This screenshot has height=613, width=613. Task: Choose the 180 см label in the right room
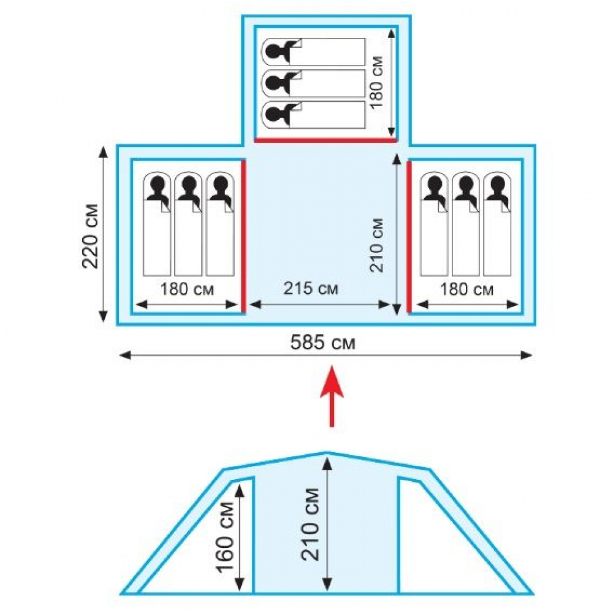(467, 289)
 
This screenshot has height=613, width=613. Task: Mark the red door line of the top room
(326, 140)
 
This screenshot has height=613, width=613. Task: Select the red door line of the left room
(243, 236)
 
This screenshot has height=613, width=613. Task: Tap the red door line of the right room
(409, 236)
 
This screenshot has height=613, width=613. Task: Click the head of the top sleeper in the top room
(281, 52)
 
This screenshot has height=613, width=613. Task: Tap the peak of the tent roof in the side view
(326, 454)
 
